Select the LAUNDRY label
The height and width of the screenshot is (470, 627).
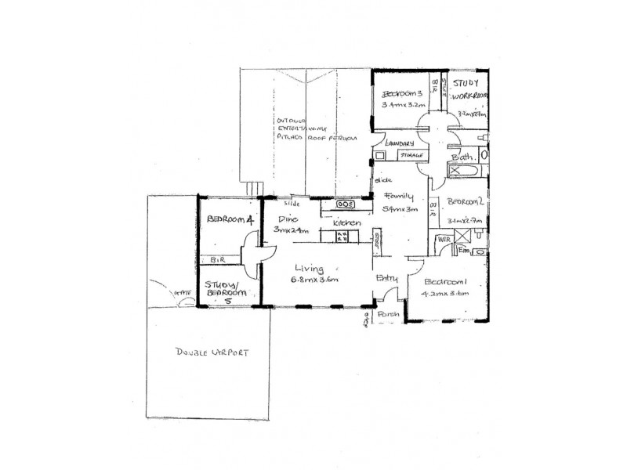point(400,143)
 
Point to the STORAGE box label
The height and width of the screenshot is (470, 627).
point(411,155)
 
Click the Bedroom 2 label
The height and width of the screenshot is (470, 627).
point(462,201)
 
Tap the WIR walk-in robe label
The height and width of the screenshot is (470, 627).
point(443,238)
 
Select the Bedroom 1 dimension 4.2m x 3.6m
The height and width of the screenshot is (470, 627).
point(445,294)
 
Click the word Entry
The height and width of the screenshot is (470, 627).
point(387,278)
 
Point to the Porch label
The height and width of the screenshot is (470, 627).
point(389,314)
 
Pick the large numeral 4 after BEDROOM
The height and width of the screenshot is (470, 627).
point(250,221)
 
